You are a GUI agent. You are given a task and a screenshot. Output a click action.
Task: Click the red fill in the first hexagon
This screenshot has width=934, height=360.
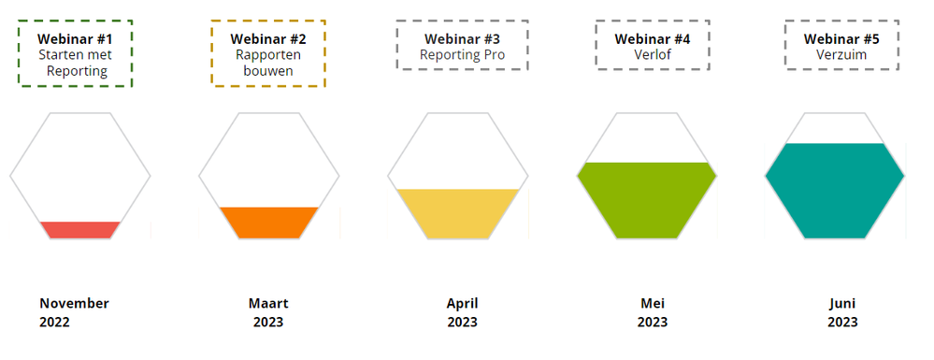(x=80, y=230)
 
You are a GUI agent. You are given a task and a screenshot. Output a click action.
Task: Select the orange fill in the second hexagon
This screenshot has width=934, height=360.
(x=269, y=223)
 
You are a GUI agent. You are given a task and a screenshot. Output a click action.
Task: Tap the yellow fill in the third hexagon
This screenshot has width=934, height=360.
(x=458, y=214)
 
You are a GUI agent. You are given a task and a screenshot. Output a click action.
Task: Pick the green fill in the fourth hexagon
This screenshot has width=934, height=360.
(x=647, y=200)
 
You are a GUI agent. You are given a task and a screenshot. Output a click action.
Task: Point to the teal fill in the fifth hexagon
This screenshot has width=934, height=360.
(x=835, y=191)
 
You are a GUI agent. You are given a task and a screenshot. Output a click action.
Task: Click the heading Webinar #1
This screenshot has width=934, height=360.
(x=75, y=39)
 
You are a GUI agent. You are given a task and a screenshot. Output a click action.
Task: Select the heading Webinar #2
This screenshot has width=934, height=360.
(x=268, y=39)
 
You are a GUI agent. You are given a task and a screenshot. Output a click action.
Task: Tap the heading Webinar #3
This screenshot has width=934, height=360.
(x=462, y=39)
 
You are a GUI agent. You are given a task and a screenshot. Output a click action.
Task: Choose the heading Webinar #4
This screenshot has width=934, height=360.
(x=653, y=39)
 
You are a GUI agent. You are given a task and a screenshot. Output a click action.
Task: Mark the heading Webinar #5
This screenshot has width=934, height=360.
(x=841, y=39)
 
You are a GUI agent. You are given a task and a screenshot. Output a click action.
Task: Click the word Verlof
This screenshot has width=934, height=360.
(x=653, y=55)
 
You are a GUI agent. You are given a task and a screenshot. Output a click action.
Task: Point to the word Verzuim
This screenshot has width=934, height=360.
(x=841, y=55)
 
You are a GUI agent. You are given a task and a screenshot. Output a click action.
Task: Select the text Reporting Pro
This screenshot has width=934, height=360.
(x=462, y=55)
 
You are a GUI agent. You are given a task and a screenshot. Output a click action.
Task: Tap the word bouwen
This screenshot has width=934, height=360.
(x=268, y=71)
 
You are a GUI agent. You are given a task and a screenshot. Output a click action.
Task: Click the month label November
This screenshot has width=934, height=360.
(x=75, y=303)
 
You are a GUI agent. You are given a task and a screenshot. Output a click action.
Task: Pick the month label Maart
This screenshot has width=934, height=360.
(x=268, y=303)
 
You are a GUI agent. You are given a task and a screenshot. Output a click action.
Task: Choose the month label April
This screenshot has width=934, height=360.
(x=462, y=304)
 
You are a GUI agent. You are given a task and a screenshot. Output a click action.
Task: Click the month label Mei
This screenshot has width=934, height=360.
(x=653, y=303)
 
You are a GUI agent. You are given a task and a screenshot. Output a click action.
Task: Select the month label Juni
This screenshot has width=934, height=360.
(x=842, y=304)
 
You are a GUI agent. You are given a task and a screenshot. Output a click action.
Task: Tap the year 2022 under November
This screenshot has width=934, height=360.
(x=55, y=323)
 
